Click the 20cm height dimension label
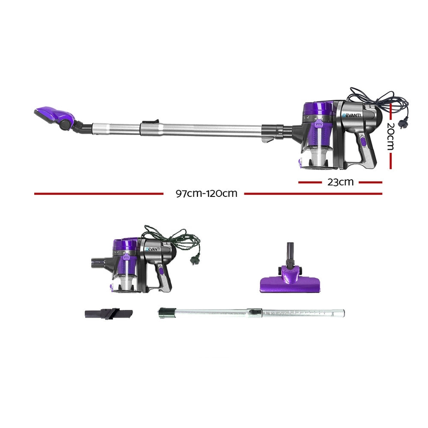390,136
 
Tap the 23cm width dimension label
340,182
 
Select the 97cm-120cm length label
206,193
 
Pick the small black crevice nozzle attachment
108,314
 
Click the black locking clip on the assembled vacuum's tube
150,123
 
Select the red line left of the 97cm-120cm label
98,193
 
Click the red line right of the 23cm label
370,182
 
